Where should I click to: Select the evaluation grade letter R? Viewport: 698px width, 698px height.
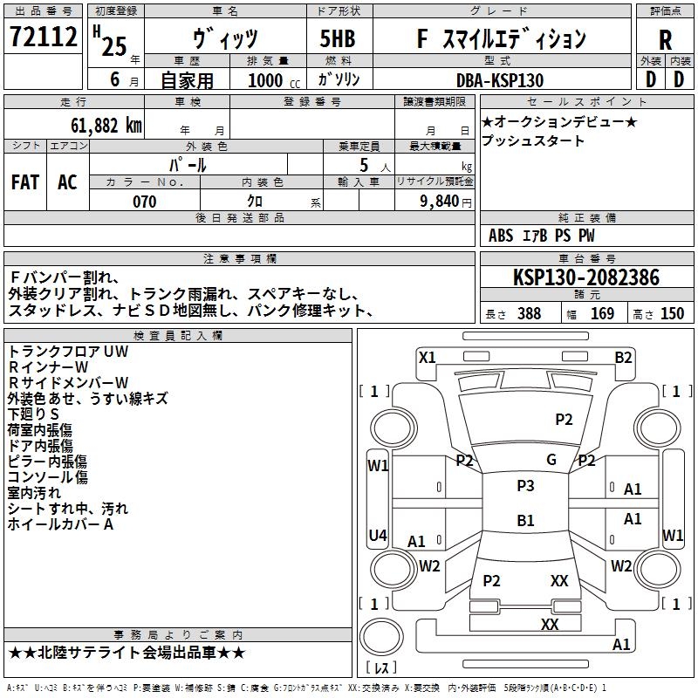click(665, 41)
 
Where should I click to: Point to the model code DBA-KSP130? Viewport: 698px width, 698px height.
click(500, 80)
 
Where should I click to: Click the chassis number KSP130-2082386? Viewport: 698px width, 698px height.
click(586, 277)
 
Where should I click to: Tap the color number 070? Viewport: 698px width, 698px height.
click(144, 202)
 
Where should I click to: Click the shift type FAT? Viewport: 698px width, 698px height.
click(24, 182)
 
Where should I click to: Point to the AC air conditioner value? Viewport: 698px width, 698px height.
click(67, 182)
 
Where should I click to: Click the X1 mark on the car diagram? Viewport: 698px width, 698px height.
click(427, 357)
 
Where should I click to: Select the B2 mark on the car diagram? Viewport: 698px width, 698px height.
click(623, 357)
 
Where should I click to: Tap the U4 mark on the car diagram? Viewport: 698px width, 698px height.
click(377, 535)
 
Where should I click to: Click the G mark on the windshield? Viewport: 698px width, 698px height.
click(551, 460)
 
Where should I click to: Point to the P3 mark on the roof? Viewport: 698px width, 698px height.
click(525, 486)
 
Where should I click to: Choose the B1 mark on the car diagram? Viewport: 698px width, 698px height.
click(525, 521)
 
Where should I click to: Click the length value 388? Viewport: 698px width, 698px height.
click(529, 314)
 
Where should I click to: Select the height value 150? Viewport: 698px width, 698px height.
click(672, 314)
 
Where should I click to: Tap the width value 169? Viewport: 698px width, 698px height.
click(602, 314)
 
